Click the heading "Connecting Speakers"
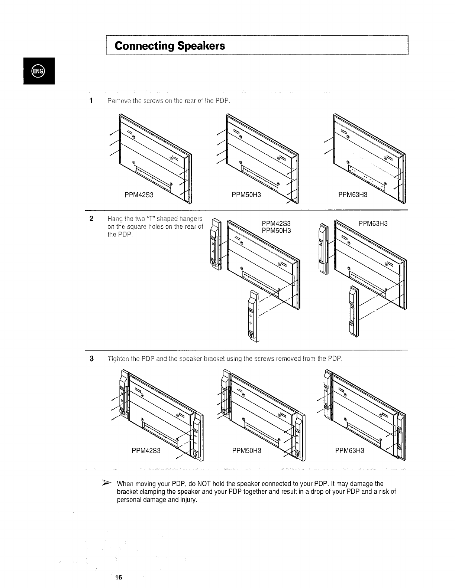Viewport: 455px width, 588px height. coord(170,46)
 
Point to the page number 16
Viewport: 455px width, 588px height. coord(119,577)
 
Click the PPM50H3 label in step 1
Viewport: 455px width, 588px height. coord(246,195)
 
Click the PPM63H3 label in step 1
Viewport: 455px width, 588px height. coord(353,195)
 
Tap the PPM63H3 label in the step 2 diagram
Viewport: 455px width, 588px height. coord(373,223)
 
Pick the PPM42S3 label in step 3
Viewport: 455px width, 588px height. coord(146,451)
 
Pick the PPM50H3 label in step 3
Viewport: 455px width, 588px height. coord(246,451)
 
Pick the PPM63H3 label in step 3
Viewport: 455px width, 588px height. coord(350,451)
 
